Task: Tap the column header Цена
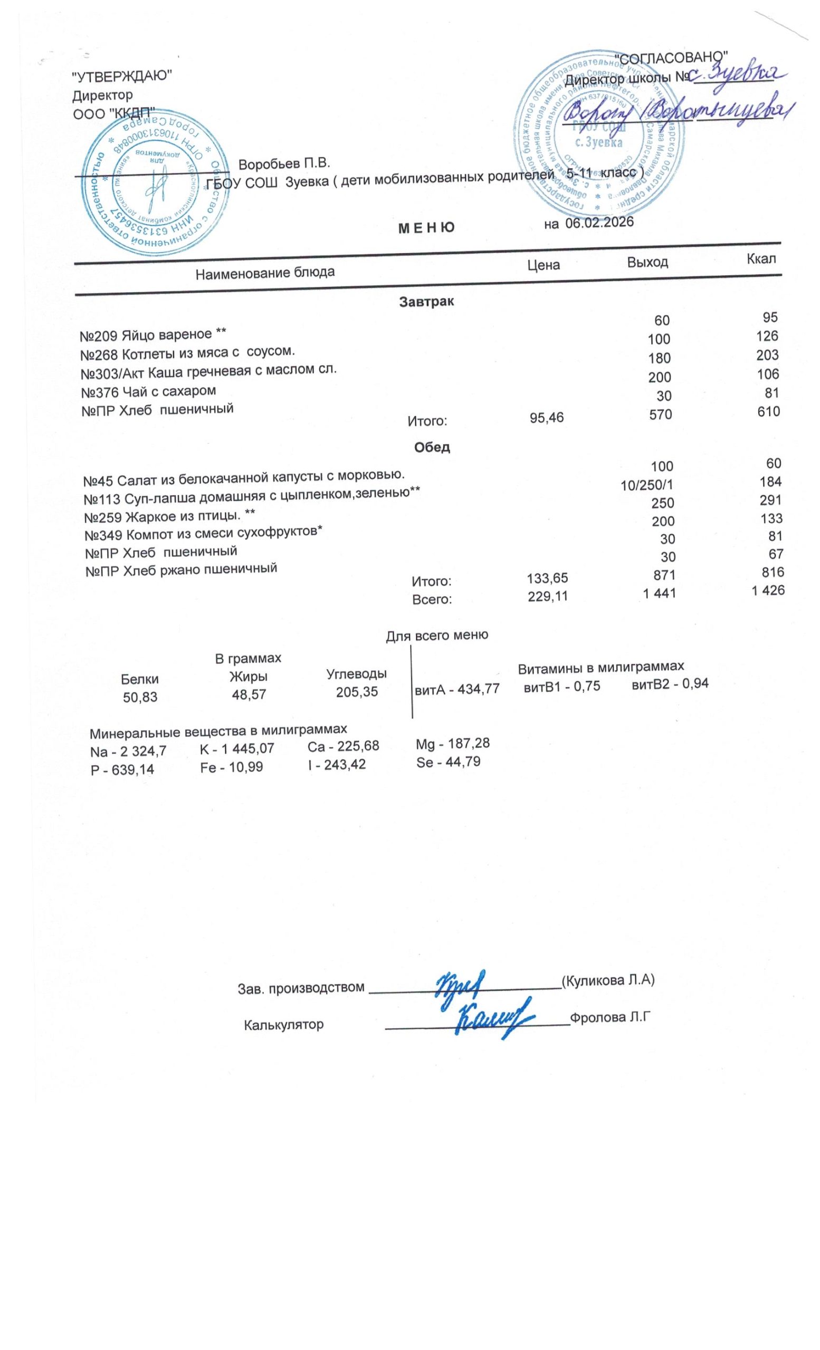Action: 543,265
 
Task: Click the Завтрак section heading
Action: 426,301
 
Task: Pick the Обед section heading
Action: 432,447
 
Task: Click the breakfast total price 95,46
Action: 547,418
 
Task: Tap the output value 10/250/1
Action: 646,485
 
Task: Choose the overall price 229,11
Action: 547,596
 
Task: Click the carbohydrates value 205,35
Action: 357,691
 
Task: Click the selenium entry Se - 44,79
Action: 449,761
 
